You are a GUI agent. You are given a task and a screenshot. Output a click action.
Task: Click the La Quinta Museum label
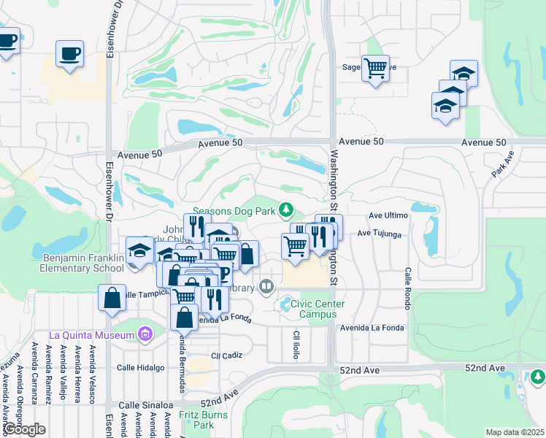[92, 335]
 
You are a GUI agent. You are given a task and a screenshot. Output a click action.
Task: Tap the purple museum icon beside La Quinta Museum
[145, 335]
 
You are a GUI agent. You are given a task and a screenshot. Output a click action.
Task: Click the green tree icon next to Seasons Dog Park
[287, 211]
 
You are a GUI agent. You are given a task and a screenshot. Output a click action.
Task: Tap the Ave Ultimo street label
[388, 216]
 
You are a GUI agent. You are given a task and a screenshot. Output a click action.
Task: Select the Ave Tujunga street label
[380, 234]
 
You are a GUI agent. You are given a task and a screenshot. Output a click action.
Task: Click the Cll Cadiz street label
[226, 356]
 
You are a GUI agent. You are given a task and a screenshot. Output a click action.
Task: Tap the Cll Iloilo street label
[296, 345]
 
